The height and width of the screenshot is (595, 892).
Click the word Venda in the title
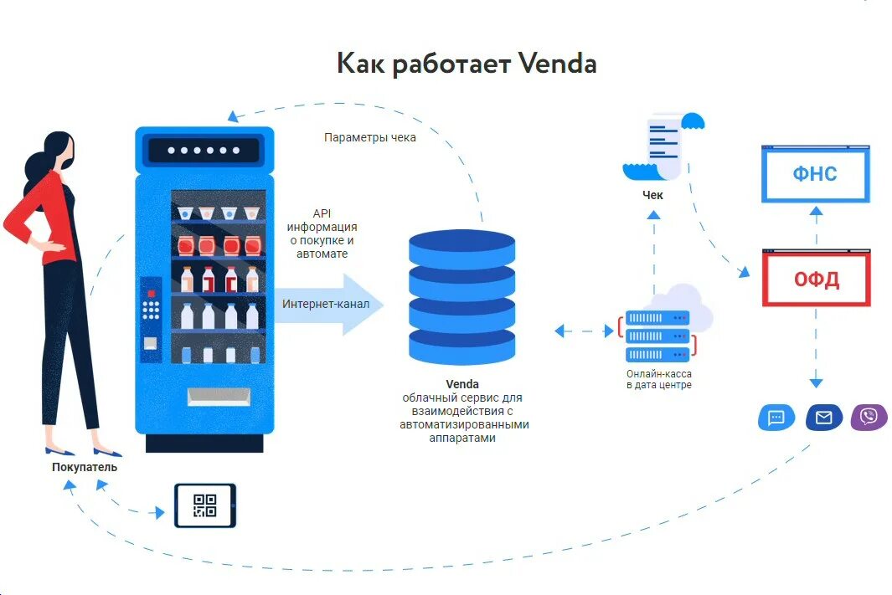(557, 64)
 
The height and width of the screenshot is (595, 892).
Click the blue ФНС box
(815, 174)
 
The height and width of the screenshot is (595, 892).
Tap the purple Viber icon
(869, 417)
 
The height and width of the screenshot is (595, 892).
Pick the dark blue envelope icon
(823, 417)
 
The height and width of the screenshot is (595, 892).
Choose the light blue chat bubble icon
(776, 417)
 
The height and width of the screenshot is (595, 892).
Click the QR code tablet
(205, 505)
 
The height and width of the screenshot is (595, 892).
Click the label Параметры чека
(369, 138)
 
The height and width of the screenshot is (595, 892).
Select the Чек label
(652, 195)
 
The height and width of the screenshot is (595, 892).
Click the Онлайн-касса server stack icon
(657, 336)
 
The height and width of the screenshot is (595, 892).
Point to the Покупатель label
(84, 467)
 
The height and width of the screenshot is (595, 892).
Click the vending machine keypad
(151, 309)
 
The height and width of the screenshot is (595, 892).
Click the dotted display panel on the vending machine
(204, 151)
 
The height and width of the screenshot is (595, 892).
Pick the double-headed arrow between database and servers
(584, 331)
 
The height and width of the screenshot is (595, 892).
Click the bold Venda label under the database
(462, 384)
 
